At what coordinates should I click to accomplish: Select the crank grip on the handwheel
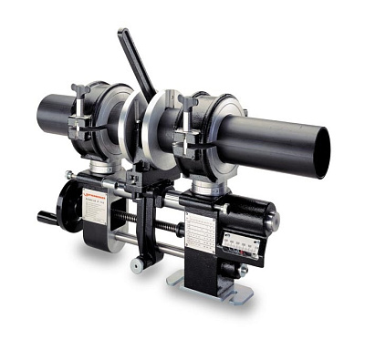point(46,218)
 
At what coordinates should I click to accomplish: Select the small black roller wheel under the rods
point(138,265)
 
